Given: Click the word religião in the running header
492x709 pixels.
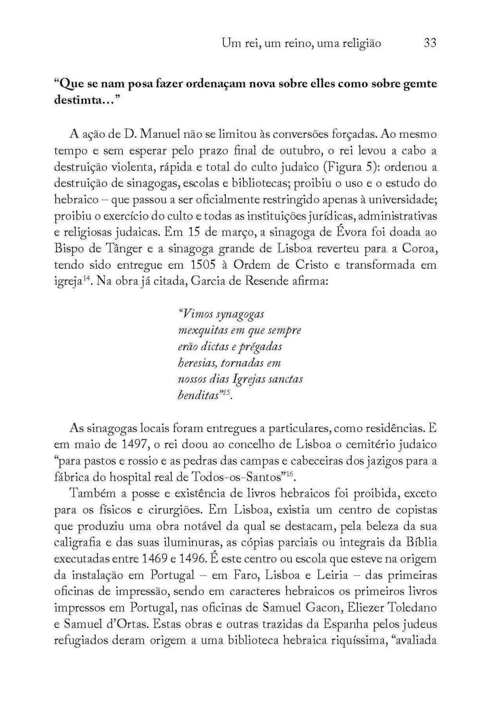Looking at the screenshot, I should tap(361, 44).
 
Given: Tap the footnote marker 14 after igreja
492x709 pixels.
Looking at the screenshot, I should tap(86, 279).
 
